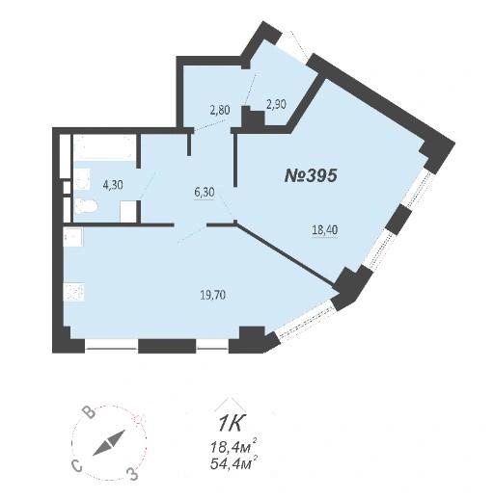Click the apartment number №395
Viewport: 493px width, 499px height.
click(x=311, y=175)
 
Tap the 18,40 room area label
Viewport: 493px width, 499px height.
click(x=325, y=229)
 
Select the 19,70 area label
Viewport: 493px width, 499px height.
click(x=212, y=295)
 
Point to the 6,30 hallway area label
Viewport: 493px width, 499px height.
click(x=205, y=193)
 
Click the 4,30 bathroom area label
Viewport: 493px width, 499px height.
click(x=113, y=185)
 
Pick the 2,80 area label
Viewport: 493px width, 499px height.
click(x=220, y=110)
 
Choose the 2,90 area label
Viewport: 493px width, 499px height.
click(x=276, y=104)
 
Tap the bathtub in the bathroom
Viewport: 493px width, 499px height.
click(x=104, y=147)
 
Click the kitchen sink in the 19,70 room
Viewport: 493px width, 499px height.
click(x=73, y=237)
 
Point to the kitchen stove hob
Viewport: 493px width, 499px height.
click(x=73, y=292)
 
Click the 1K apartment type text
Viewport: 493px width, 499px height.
click(x=232, y=424)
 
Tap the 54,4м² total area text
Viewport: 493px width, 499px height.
click(x=233, y=463)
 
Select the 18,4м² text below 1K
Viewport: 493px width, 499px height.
click(x=233, y=447)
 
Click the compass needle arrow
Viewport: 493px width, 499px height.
click(x=108, y=443)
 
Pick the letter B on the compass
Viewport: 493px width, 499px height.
click(x=89, y=412)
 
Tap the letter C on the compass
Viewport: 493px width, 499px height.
click(x=77, y=465)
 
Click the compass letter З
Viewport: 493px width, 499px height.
click(x=132, y=474)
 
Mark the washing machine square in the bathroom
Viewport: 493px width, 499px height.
click(x=128, y=211)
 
